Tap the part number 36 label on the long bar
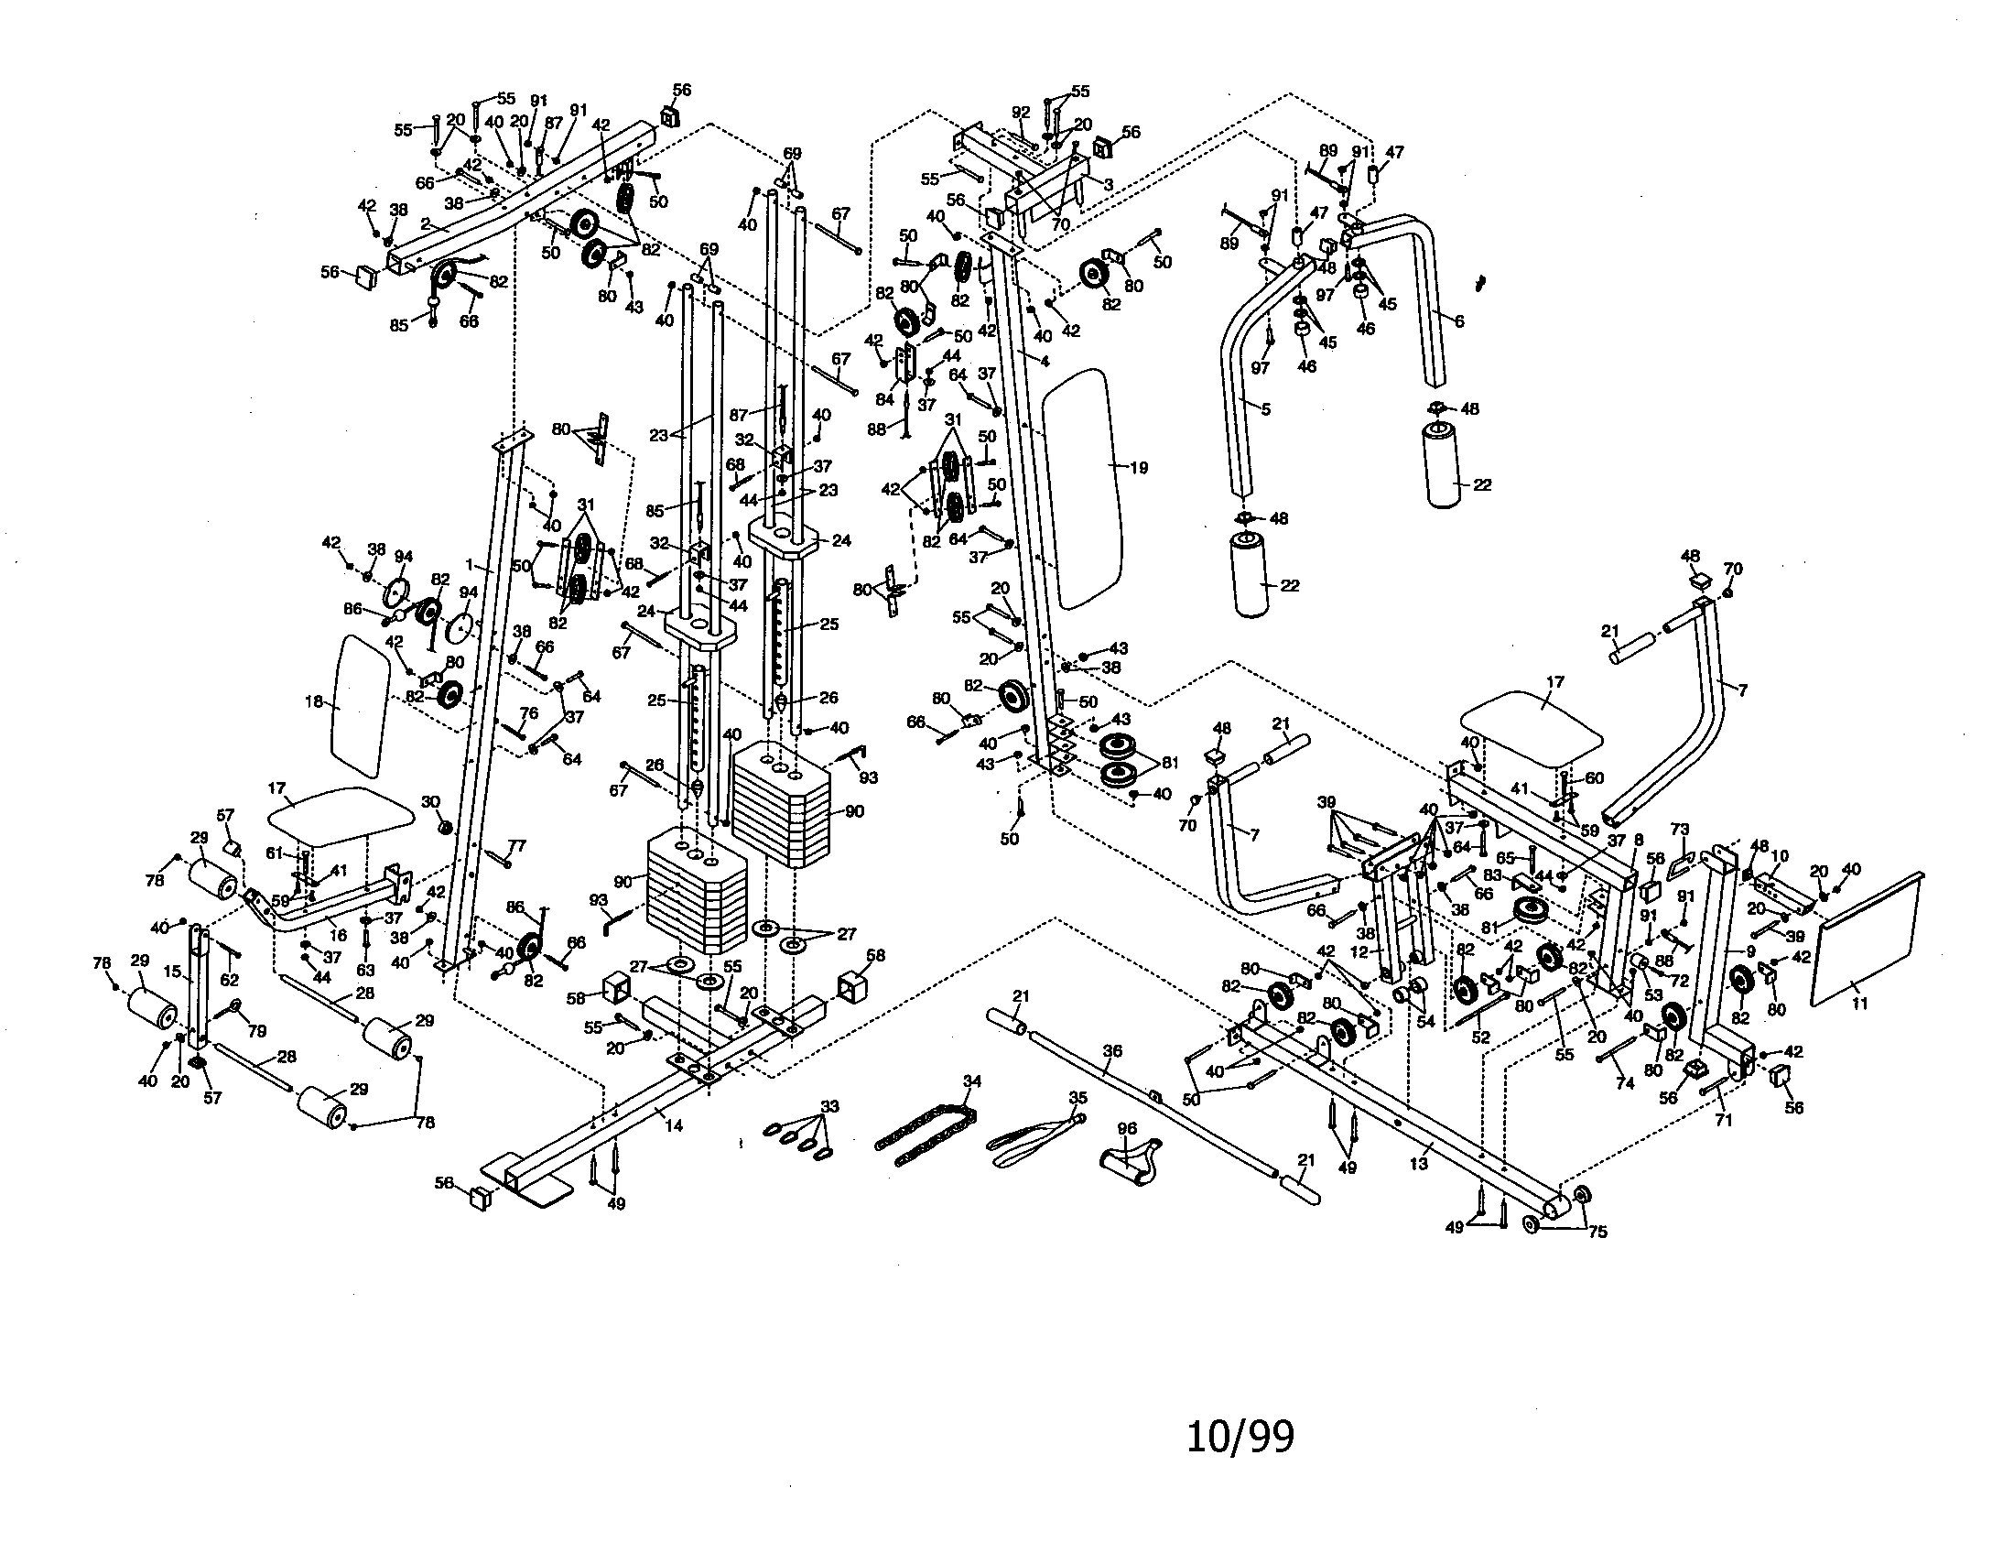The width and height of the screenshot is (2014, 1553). (x=1113, y=1051)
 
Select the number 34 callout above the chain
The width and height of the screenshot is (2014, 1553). (x=972, y=1081)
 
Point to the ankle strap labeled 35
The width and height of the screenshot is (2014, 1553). (x=1028, y=1136)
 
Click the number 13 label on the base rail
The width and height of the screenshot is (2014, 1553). (x=1418, y=1164)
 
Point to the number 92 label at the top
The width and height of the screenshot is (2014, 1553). (x=1020, y=113)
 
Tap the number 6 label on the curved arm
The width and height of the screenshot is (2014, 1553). (x=1458, y=321)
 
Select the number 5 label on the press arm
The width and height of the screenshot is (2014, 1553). (x=1265, y=408)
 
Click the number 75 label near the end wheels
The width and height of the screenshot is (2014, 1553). (x=1597, y=1232)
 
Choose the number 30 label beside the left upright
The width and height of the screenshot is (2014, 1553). (x=430, y=802)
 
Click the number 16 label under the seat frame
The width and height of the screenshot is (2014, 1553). (x=339, y=935)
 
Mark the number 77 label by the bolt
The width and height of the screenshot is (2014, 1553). (x=516, y=846)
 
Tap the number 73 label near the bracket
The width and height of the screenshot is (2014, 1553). (x=1679, y=830)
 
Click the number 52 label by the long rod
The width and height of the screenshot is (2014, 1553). (x=1480, y=1038)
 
